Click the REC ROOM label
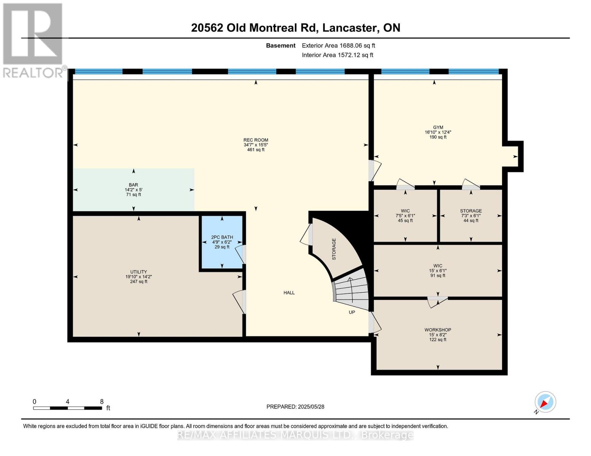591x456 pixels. (256, 145)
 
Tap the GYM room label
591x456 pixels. (438, 132)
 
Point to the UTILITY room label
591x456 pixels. (139, 277)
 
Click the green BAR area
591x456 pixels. (133, 190)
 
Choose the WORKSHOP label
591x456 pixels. (438, 334)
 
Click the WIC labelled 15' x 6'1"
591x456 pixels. (438, 271)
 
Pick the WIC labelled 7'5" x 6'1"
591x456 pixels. (405, 215)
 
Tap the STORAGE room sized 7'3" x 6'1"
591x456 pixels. (471, 215)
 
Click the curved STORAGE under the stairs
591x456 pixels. (334, 249)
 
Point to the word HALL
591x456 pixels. (289, 293)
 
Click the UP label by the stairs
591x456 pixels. (352, 312)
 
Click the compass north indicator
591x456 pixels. (545, 402)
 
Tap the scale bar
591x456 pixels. (67, 408)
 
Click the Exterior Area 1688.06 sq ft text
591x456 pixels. (338, 46)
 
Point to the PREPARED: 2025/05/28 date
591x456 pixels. (295, 407)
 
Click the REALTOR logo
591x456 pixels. (33, 40)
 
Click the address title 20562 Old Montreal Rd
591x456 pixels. (295, 28)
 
